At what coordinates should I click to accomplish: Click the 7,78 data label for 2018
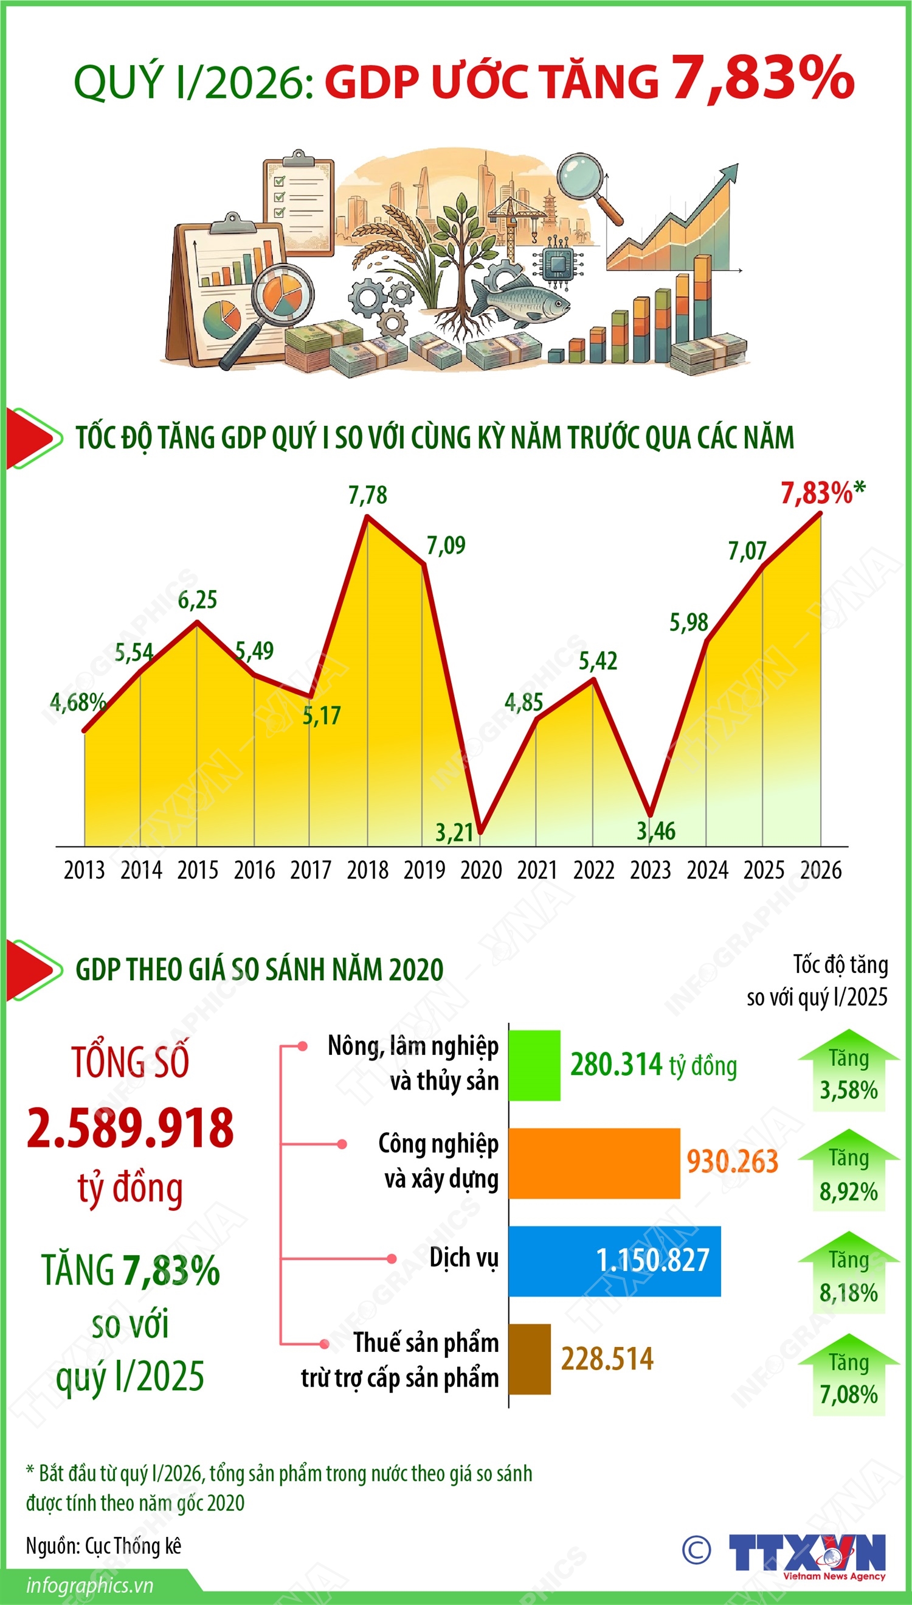[368, 495]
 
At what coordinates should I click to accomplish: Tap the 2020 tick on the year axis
[481, 870]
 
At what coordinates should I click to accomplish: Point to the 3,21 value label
[454, 832]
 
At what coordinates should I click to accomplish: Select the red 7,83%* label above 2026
[823, 493]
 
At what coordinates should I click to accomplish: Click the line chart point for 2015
[198, 622]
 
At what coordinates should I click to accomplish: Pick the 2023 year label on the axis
[650, 870]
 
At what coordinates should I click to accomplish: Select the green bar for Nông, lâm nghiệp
[534, 1065]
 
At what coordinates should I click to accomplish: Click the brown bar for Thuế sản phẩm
[530, 1359]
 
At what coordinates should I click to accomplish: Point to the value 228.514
[607, 1359]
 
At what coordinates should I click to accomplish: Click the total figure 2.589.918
[130, 1128]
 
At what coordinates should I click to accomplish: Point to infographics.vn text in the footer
[89, 1586]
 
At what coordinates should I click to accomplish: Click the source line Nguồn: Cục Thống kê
[103, 1546]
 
